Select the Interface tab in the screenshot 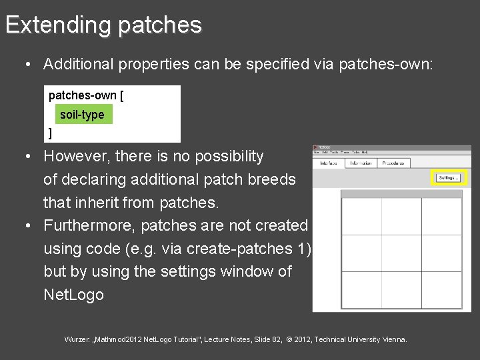point(328,163)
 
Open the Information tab point(360,163)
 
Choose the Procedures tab point(393,163)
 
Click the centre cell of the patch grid point(401,253)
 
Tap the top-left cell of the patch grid point(361,217)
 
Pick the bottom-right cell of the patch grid point(441,290)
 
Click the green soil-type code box point(82,115)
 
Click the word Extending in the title point(58,25)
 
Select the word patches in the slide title point(159,25)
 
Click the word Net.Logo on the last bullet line point(73,295)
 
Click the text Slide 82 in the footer point(268,339)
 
